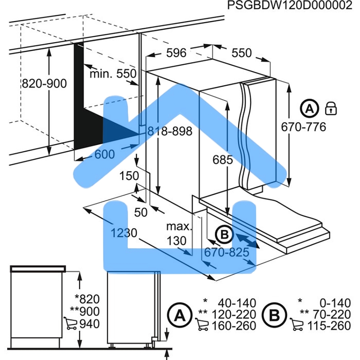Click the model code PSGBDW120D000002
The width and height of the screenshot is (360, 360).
pyautogui.click(x=289, y=5)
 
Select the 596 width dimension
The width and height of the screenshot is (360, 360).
pyautogui.click(x=176, y=53)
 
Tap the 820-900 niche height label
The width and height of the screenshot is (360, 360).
pyautogui.click(x=44, y=84)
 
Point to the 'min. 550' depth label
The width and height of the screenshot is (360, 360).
pyautogui.click(x=113, y=74)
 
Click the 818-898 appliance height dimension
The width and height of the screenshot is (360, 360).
pyautogui.click(x=170, y=131)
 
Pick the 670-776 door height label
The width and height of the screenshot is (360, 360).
pyautogui.click(x=303, y=127)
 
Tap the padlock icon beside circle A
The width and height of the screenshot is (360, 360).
pyautogui.click(x=331, y=109)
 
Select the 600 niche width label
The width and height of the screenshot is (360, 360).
pyautogui.click(x=105, y=154)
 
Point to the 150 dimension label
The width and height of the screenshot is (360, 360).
pyautogui.click(x=129, y=176)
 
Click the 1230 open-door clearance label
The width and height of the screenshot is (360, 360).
pyautogui.click(x=124, y=233)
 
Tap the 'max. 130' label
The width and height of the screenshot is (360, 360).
pyautogui.click(x=179, y=234)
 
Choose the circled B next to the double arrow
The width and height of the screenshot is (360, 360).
pyautogui.click(x=224, y=235)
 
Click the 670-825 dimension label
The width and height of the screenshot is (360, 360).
pyautogui.click(x=226, y=252)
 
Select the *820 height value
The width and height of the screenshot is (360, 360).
pyautogui.click(x=87, y=299)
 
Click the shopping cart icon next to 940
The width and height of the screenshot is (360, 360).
pyautogui.click(x=70, y=323)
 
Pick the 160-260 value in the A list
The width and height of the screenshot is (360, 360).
pyautogui.click(x=234, y=326)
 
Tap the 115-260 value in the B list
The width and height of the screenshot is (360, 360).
pyautogui.click(x=329, y=326)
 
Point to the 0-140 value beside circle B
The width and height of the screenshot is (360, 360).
pyautogui.click(x=335, y=303)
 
